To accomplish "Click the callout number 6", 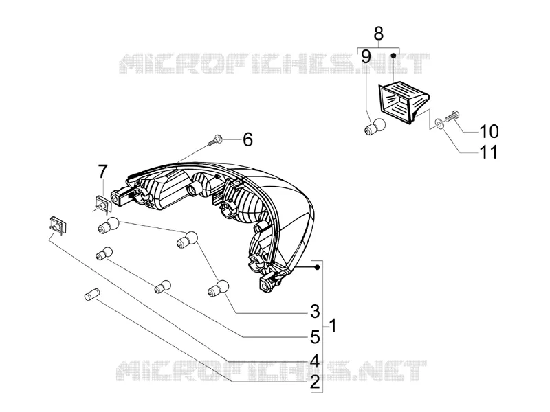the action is pyautogui.click(x=247, y=139).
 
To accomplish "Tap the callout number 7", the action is pyautogui.click(x=102, y=172).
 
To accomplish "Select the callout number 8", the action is pyautogui.click(x=379, y=34).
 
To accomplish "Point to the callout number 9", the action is pyautogui.click(x=366, y=57).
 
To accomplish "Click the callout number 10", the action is pyautogui.click(x=489, y=131).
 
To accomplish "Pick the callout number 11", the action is pyautogui.click(x=489, y=152).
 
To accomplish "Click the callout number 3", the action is pyautogui.click(x=315, y=311).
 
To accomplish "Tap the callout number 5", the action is pyautogui.click(x=315, y=337).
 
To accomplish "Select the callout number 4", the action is pyautogui.click(x=315, y=361).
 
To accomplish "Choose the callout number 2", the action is pyautogui.click(x=315, y=382).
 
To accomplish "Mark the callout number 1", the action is pyautogui.click(x=333, y=325).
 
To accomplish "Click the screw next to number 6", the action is pyautogui.click(x=214, y=140).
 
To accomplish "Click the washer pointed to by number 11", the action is pyautogui.click(x=439, y=123).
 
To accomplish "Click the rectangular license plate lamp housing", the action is pyautogui.click(x=404, y=102).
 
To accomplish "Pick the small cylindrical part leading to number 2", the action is pyautogui.click(x=92, y=294).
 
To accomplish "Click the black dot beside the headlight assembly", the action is pyautogui.click(x=317, y=268).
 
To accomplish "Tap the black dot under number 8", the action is pyautogui.click(x=393, y=56).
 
